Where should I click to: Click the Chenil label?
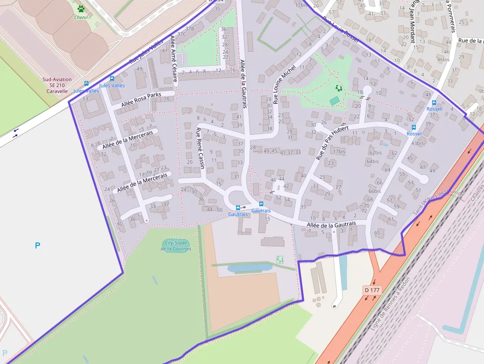tap(81, 17)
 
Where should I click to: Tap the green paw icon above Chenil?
tap(81, 8)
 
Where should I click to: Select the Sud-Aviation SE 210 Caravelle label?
tap(57, 85)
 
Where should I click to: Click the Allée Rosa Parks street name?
tap(141, 99)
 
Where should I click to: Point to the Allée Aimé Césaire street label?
tap(173, 54)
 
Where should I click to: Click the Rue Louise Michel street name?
tap(284, 84)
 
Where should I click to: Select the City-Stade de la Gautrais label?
tap(176, 245)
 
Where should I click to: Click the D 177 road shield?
tap(371, 290)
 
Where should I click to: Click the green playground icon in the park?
tap(339, 88)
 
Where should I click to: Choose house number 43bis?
tap(417, 143)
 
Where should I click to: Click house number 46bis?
tap(444, 59)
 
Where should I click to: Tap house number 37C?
tap(181, 34)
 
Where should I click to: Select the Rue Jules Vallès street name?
tap(146, 52)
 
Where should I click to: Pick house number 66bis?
tap(374, 191)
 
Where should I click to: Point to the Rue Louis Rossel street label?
tap(341, 30)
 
